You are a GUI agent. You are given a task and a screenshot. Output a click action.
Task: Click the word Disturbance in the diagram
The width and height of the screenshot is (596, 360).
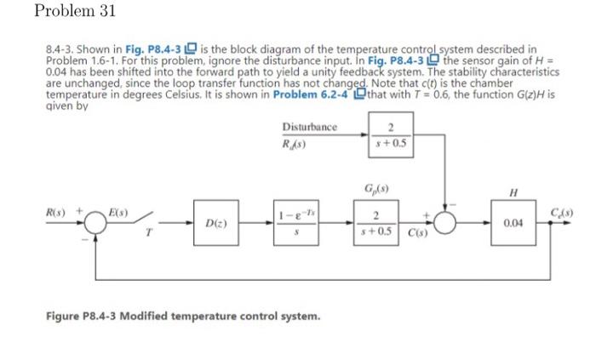[x=309, y=127]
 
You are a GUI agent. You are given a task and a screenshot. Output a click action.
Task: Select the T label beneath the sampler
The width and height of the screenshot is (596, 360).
[x=146, y=239]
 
